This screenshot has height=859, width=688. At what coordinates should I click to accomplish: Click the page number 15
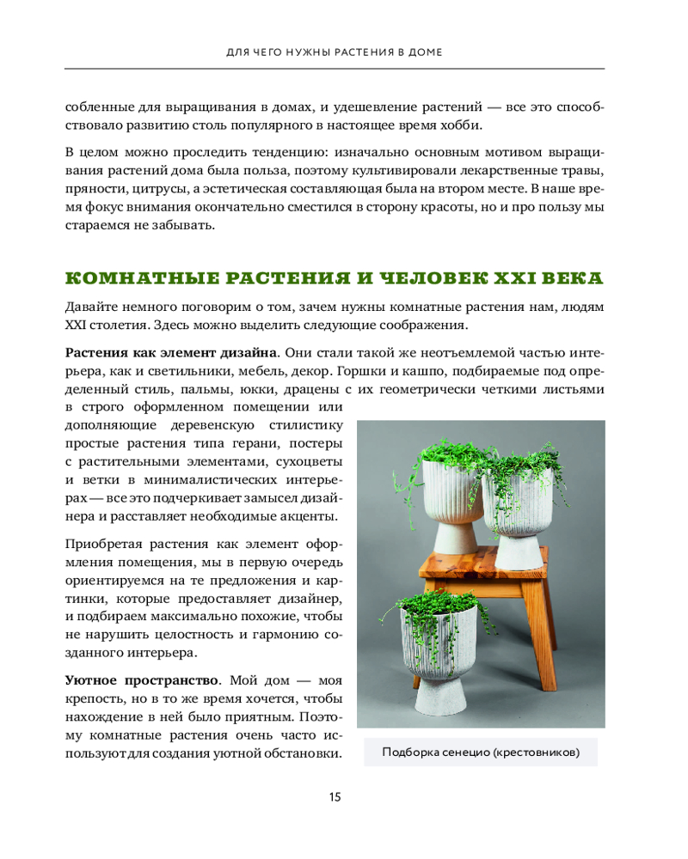(335, 797)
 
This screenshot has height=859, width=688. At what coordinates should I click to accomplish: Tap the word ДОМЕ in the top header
(421, 52)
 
